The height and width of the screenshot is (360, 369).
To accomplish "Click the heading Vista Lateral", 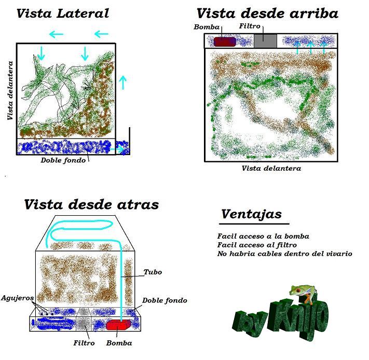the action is [x=63, y=13].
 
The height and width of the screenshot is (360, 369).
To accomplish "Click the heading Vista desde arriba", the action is [x=267, y=13].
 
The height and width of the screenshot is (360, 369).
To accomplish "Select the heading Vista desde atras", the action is [x=91, y=204].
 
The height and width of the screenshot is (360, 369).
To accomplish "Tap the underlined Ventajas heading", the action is [x=251, y=214].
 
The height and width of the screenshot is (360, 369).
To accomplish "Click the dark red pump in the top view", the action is [x=225, y=41].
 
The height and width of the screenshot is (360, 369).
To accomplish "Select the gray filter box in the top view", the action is [x=265, y=41].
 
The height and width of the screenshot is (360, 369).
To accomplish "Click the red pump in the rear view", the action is [x=118, y=325].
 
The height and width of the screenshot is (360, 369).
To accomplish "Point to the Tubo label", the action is [x=153, y=272].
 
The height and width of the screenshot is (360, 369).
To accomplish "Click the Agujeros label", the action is [x=18, y=298].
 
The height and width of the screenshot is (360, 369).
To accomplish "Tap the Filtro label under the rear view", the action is [x=84, y=343].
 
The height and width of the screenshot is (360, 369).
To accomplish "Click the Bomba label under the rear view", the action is [x=119, y=343].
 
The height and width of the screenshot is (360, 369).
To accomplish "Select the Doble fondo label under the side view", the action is [x=63, y=160].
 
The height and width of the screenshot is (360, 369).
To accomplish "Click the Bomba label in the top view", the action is [x=207, y=27].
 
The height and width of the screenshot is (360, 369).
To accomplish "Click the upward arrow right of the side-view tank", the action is [x=122, y=82].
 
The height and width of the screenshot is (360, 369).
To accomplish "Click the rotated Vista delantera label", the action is [x=10, y=91].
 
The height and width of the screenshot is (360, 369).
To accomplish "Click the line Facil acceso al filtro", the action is [x=257, y=245].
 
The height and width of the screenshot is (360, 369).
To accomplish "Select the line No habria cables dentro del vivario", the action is [x=285, y=254].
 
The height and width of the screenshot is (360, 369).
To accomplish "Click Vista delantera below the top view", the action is [x=271, y=169].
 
